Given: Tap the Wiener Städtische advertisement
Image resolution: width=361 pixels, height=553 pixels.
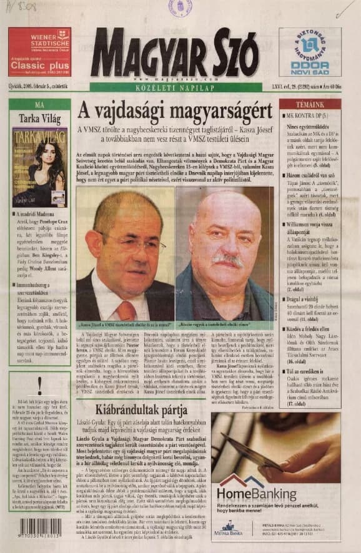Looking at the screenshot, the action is coord(39,52).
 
